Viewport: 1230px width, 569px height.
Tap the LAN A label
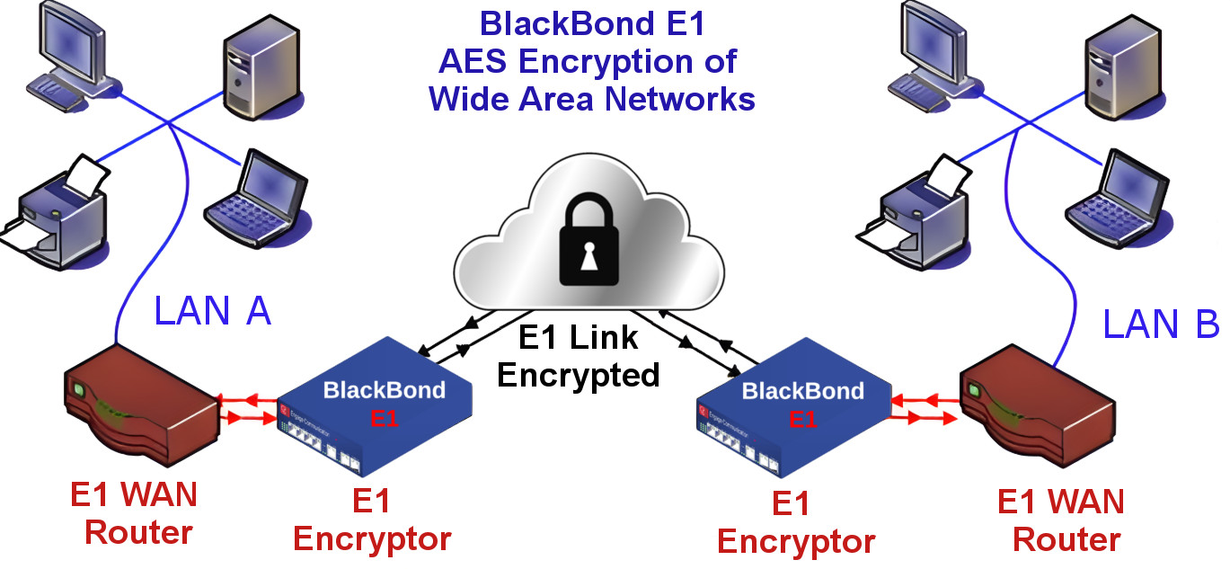[212, 311]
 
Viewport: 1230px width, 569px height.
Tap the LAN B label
[1160, 324]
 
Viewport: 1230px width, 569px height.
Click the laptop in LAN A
[258, 200]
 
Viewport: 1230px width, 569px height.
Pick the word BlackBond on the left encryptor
[384, 389]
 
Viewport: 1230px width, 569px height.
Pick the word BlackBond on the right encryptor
[802, 390]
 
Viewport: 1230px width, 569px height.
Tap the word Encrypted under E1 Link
[578, 374]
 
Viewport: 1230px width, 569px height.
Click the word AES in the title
[473, 62]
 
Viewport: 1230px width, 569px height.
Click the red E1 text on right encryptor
[802, 419]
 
